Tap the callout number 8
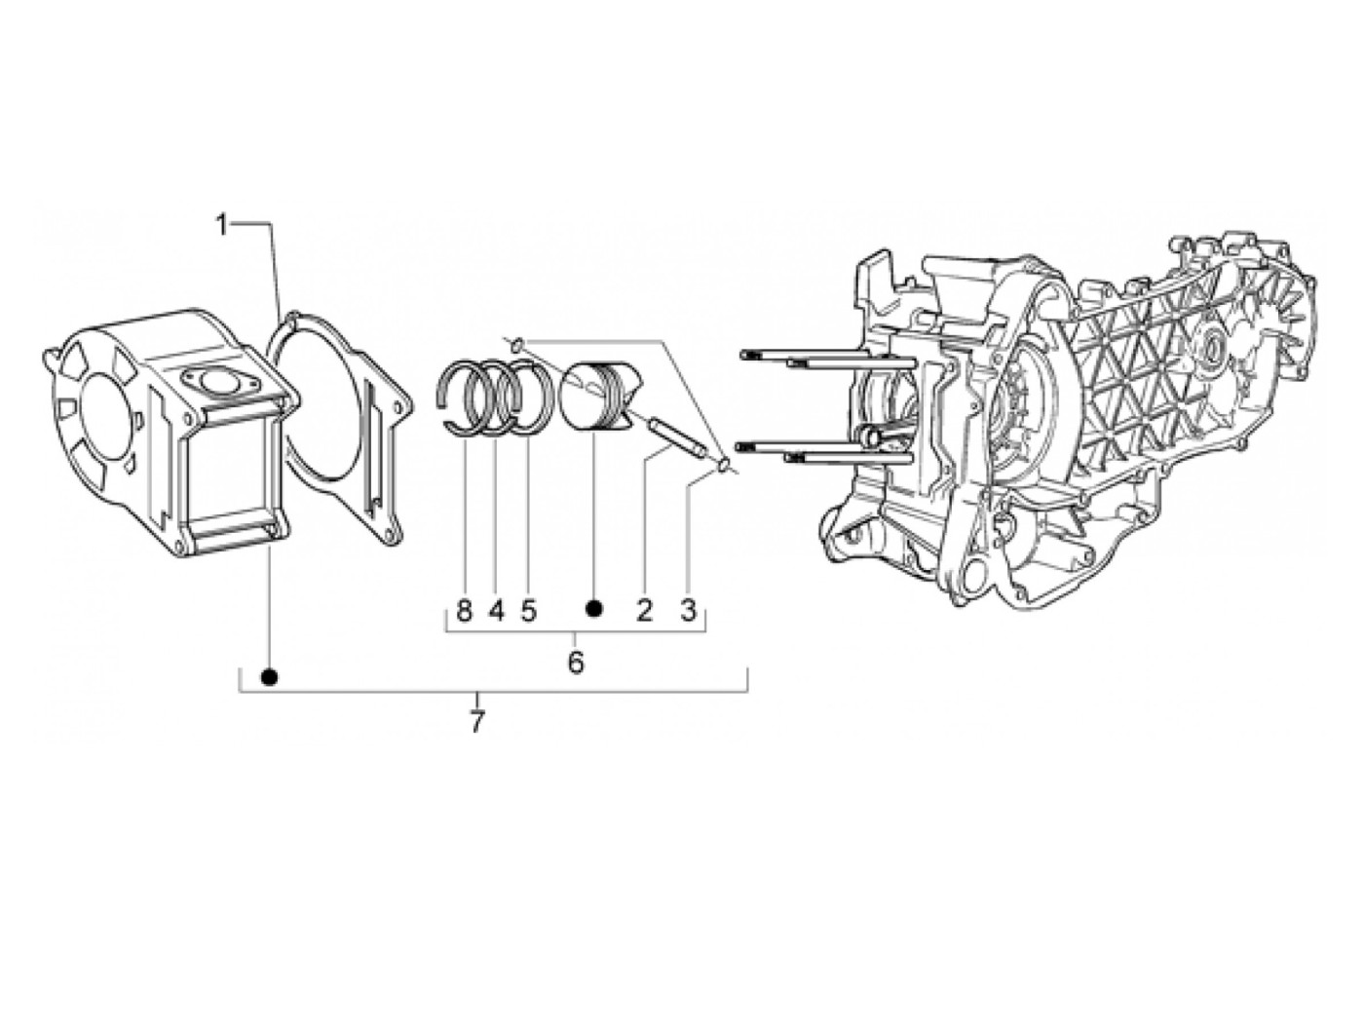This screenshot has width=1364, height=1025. (x=464, y=611)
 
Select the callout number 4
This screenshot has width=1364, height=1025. (x=496, y=611)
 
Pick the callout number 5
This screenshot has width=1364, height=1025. (x=528, y=611)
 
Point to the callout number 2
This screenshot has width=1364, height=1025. (x=644, y=611)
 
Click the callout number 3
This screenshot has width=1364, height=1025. (x=688, y=611)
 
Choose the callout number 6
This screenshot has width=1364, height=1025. (x=575, y=663)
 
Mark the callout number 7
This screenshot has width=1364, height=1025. (x=476, y=723)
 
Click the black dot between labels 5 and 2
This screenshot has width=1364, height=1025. (x=593, y=609)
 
